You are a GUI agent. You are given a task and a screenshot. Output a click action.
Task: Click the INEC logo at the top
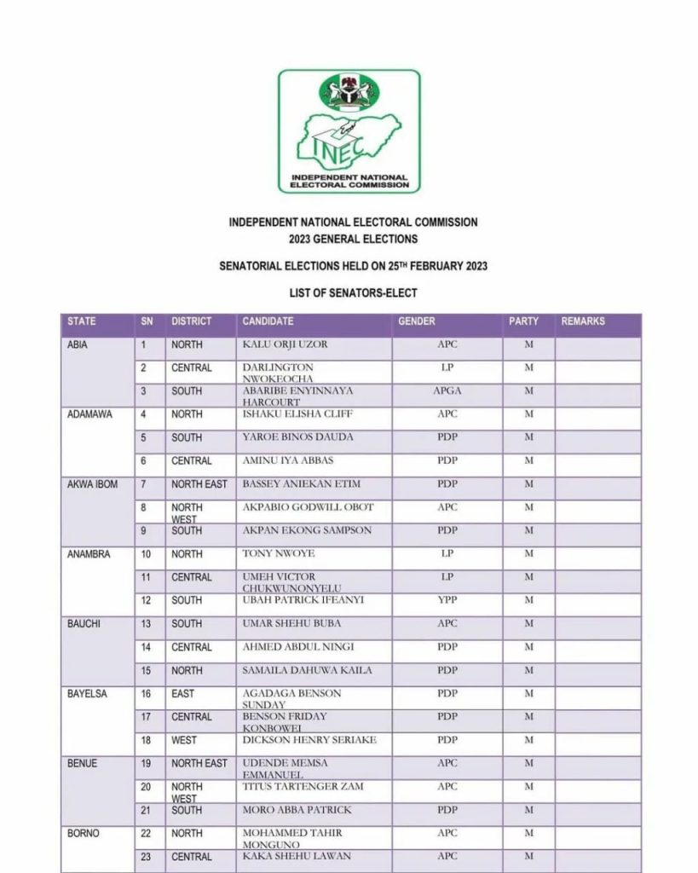349,130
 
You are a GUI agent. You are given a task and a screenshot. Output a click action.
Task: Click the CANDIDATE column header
268,321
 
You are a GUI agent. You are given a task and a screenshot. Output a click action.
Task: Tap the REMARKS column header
583,321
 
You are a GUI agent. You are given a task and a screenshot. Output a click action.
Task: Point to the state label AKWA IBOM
93,484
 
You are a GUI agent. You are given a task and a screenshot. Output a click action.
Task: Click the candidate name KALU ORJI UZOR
285,344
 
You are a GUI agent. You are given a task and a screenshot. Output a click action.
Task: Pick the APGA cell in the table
447,390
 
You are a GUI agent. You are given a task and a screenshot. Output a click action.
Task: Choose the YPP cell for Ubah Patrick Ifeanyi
447,600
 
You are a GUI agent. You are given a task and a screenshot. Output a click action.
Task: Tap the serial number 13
147,624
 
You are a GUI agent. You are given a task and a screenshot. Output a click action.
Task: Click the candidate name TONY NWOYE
279,553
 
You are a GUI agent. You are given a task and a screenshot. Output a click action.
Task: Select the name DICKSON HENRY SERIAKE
309,740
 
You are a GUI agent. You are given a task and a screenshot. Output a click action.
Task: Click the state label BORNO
84,833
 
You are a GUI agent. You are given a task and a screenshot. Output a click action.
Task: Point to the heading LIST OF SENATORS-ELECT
353,293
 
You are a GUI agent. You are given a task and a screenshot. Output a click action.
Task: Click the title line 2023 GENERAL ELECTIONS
353,239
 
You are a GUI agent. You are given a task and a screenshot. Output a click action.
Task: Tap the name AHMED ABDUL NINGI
298,647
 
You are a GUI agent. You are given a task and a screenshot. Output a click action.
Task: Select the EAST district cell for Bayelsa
182,694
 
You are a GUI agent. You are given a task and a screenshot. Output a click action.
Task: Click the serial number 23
147,856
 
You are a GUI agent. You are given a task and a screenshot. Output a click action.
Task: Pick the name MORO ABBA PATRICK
297,810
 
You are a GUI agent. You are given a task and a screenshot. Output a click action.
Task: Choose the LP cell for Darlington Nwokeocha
447,367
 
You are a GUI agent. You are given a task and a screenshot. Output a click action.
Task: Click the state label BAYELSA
88,694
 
